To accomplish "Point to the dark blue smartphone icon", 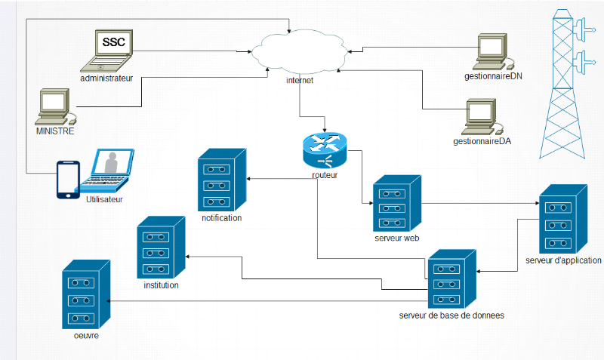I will (69, 180).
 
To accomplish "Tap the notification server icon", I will (222, 180).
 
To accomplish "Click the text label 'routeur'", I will (324, 175).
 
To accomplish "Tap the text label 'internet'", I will (300, 80).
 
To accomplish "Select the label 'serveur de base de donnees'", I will (451, 315).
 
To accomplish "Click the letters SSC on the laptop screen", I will (114, 42).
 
